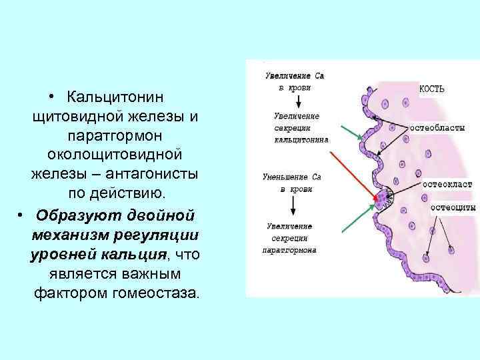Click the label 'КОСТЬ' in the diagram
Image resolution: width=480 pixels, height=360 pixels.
(x=432, y=89)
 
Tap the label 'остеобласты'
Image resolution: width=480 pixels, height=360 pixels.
(x=437, y=126)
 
